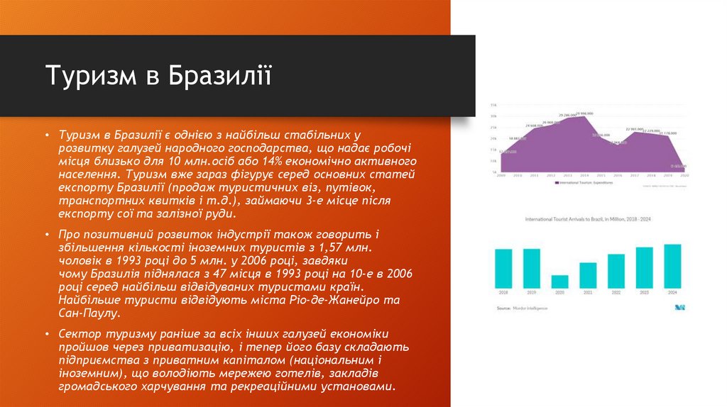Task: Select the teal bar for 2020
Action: [x=559, y=281]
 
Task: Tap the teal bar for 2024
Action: [x=672, y=266]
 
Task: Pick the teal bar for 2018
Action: [x=503, y=268]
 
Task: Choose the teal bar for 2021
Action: [x=588, y=275]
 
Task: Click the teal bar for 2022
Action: [x=616, y=271]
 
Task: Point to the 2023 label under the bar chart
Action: [x=644, y=293]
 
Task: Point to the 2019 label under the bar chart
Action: [x=531, y=293]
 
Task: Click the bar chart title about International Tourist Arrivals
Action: [x=588, y=219]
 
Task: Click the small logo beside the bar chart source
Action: [x=679, y=308]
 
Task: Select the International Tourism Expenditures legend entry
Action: [x=584, y=182]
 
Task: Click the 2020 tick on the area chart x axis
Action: [x=684, y=174]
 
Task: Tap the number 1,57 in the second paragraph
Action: [x=334, y=247]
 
